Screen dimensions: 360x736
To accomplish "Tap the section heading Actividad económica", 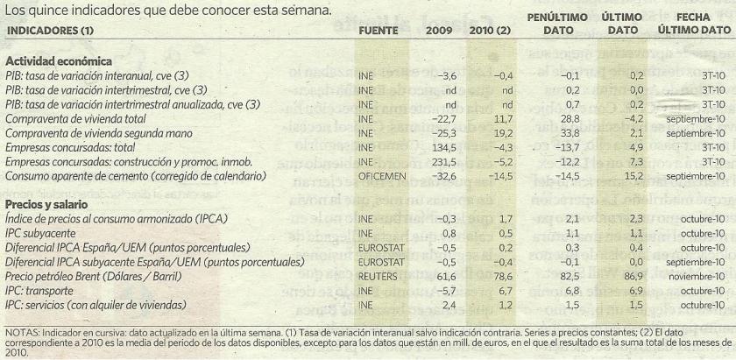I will (58, 62).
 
